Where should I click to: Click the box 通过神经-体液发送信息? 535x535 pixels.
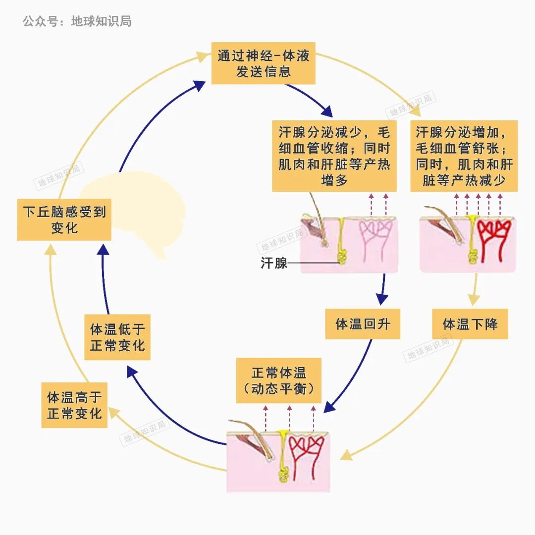click(x=263, y=63)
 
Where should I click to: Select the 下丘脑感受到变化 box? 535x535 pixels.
click(x=64, y=219)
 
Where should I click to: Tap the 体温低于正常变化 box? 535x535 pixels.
click(x=117, y=337)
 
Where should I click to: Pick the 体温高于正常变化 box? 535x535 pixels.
click(x=74, y=405)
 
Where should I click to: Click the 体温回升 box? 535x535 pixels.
click(x=363, y=324)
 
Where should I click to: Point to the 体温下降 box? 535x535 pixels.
click(x=470, y=324)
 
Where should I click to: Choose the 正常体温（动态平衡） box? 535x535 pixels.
click(x=278, y=380)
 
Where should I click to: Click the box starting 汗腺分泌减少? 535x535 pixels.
click(x=334, y=156)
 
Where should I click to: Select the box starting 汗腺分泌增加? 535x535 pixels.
click(x=464, y=156)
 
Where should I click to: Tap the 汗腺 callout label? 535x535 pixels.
click(x=274, y=263)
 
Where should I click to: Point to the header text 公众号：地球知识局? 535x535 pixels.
click(x=77, y=21)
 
